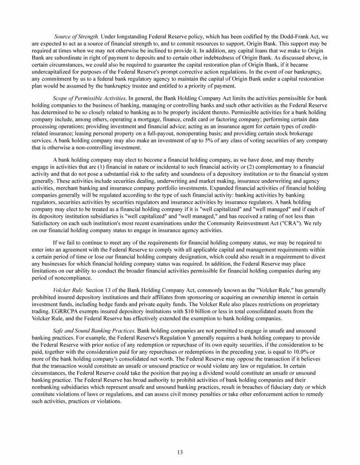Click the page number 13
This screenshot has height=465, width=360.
[180, 452]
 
